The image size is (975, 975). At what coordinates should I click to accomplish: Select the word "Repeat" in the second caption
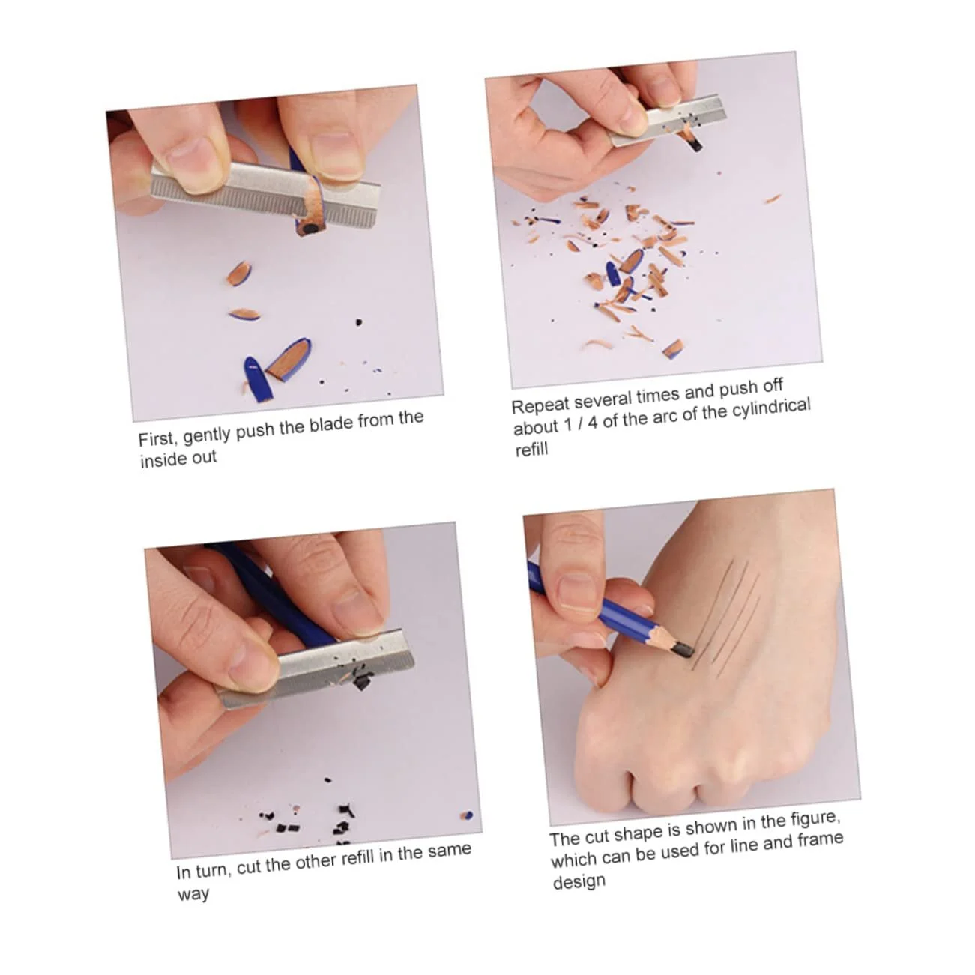coord(540,405)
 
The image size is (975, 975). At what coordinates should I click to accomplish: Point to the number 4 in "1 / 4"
coord(592,423)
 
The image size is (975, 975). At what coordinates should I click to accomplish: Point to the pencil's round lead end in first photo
coord(311,230)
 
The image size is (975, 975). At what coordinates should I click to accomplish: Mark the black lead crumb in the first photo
coord(359,322)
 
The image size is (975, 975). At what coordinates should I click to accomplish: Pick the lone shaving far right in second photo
coord(773,199)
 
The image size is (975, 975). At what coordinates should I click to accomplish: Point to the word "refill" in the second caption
coord(531,450)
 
